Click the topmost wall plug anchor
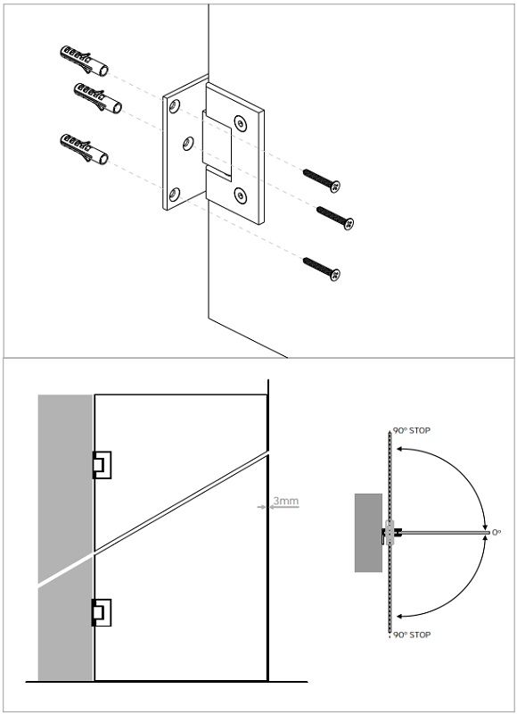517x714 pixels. click(x=84, y=61)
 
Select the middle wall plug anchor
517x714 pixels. click(x=98, y=98)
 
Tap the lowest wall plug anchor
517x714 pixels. click(x=84, y=149)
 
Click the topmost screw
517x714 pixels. click(x=322, y=181)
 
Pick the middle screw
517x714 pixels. click(x=335, y=218)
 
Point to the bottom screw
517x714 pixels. click(x=322, y=270)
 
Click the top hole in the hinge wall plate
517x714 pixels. click(x=174, y=106)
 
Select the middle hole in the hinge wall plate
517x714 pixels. click(x=188, y=144)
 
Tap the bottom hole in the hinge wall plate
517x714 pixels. click(x=174, y=195)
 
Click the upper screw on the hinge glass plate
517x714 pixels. click(x=240, y=122)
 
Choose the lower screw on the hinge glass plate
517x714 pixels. click(x=240, y=195)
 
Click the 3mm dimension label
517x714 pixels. click(x=286, y=502)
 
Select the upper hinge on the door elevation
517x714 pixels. click(x=102, y=465)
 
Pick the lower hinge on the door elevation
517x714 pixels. click(x=102, y=612)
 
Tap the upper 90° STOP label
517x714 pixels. click(x=412, y=431)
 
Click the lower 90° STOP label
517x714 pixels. click(x=412, y=635)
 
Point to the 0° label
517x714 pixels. click(x=496, y=532)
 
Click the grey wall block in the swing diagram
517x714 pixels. click(x=368, y=533)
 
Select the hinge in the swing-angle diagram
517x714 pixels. click(x=390, y=532)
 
